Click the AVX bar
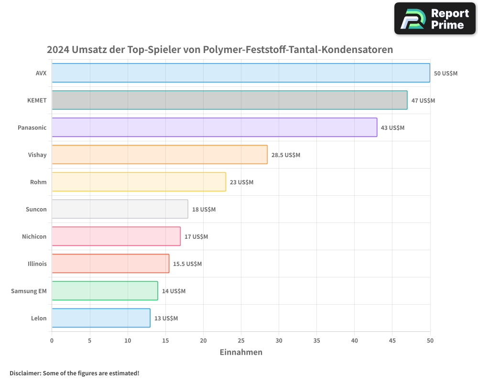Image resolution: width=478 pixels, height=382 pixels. coord(240,73)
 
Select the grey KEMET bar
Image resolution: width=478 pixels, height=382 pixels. coord(229,100)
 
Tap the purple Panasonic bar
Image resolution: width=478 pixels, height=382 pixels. coord(214,127)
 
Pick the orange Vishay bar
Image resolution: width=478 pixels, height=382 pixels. coord(159,155)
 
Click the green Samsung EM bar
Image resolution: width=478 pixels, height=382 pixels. coord(105,291)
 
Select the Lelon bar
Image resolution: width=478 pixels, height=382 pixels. coord(101,318)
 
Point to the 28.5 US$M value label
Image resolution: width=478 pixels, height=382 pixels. coord(286,155)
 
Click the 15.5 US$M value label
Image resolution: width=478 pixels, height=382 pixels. coord(187,264)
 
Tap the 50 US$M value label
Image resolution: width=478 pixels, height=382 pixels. coord(445,74)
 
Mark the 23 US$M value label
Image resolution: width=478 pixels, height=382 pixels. coord(241,182)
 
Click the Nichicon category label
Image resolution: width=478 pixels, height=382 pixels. coord(34,237)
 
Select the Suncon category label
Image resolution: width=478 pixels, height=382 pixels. coord(36,210)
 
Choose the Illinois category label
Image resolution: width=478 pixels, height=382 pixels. coord(37,264)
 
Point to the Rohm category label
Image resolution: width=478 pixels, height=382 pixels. coord(38,182)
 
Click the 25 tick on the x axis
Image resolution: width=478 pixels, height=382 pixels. coord(241,340)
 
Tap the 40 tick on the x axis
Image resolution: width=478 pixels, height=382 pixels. coord(354,340)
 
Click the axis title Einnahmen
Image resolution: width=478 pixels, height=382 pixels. coord(241,352)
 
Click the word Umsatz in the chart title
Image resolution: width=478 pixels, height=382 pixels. coord(89,50)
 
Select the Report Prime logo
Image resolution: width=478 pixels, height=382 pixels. coord(435,19)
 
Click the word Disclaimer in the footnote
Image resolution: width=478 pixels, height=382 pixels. coord(25,373)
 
